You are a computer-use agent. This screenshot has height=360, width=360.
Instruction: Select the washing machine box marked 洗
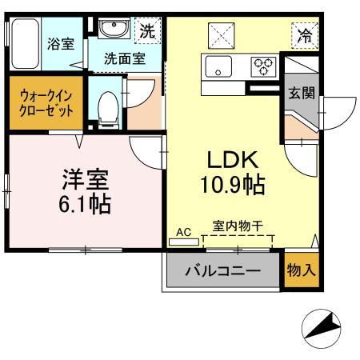pyautogui.click(x=147, y=32)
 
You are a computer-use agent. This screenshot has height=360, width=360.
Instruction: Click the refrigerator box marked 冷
pyautogui.click(x=306, y=34)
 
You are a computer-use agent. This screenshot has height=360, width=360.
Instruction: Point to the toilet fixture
pyautogui.click(x=106, y=106)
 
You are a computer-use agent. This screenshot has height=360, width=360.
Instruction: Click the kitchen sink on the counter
pyautogui.click(x=218, y=66)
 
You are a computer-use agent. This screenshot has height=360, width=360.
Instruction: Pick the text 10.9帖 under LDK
pyautogui.click(x=234, y=184)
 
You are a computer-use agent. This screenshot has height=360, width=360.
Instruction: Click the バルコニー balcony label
pyautogui.click(x=223, y=270)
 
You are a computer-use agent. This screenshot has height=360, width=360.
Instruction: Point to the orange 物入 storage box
pyautogui.click(x=302, y=270)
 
